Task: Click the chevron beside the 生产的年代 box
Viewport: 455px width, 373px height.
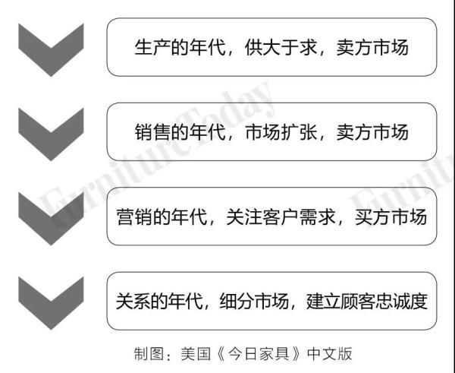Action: pos(51,50)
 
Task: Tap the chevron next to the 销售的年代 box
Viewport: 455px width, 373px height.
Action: pos(51,134)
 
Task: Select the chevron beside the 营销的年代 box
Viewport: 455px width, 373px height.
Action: pos(51,219)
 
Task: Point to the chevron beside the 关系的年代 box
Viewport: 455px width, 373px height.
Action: pos(51,303)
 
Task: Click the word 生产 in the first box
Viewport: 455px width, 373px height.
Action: pos(152,47)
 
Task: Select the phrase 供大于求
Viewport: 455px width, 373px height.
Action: pos(281,47)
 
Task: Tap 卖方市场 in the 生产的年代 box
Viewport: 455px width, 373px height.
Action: pos(372,47)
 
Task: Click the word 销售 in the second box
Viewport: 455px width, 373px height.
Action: pos(152,132)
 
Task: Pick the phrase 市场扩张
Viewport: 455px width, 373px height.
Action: pos(281,132)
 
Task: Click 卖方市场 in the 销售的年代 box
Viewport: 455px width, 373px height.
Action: pos(372,132)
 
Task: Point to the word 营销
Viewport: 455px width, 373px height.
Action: pos(134,217)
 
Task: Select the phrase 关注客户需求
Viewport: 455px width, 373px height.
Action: pos(281,217)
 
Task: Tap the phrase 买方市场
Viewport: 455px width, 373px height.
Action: pos(391,217)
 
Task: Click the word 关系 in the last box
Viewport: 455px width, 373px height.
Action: pos(133,301)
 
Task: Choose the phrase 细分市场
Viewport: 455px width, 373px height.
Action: pos(254,301)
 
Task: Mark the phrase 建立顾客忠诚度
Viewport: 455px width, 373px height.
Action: pos(367,301)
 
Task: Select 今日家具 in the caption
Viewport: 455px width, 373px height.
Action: pos(259,354)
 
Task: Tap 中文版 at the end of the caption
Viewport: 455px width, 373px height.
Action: pos(330,354)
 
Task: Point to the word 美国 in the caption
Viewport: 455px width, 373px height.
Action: pos(196,354)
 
